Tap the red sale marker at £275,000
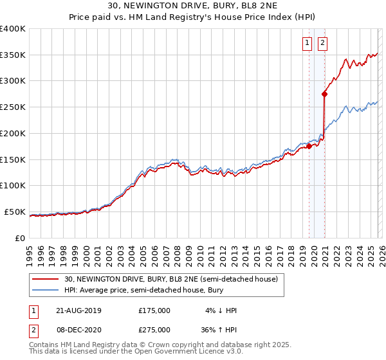(324, 94)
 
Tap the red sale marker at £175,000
(309, 146)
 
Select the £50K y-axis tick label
(15, 212)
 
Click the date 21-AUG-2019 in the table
(78, 310)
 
